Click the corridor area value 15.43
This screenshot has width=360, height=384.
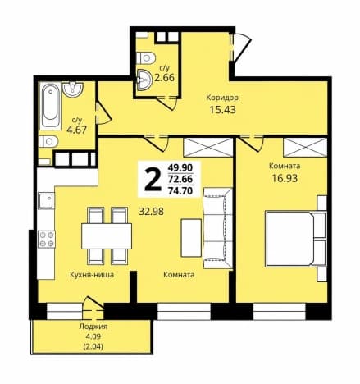coord(222,110)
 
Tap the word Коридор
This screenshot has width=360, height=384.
coord(222,98)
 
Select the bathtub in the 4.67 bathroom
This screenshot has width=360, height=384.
coord(50,106)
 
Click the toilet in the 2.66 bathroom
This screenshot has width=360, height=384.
coord(146,57)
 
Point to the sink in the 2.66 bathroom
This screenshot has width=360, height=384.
coord(144,79)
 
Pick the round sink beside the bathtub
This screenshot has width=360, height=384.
coord(73,89)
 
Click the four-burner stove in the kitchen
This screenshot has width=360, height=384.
coord(47,239)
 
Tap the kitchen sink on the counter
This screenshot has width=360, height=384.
coord(46,200)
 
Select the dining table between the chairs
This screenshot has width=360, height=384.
coord(107,236)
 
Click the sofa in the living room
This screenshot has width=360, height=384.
coord(217,228)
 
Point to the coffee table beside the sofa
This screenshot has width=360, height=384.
coord(191,238)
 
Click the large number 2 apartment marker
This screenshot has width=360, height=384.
coord(153,179)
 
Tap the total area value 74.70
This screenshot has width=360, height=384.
coord(180,190)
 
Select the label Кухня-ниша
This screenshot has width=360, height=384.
coord(92,275)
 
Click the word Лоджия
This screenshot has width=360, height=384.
coord(93,327)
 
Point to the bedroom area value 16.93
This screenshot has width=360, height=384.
coord(285,178)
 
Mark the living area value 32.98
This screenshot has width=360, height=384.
coord(152,211)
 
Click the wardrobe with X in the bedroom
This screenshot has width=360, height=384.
coord(305,148)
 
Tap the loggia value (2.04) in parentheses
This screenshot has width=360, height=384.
coord(93,346)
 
